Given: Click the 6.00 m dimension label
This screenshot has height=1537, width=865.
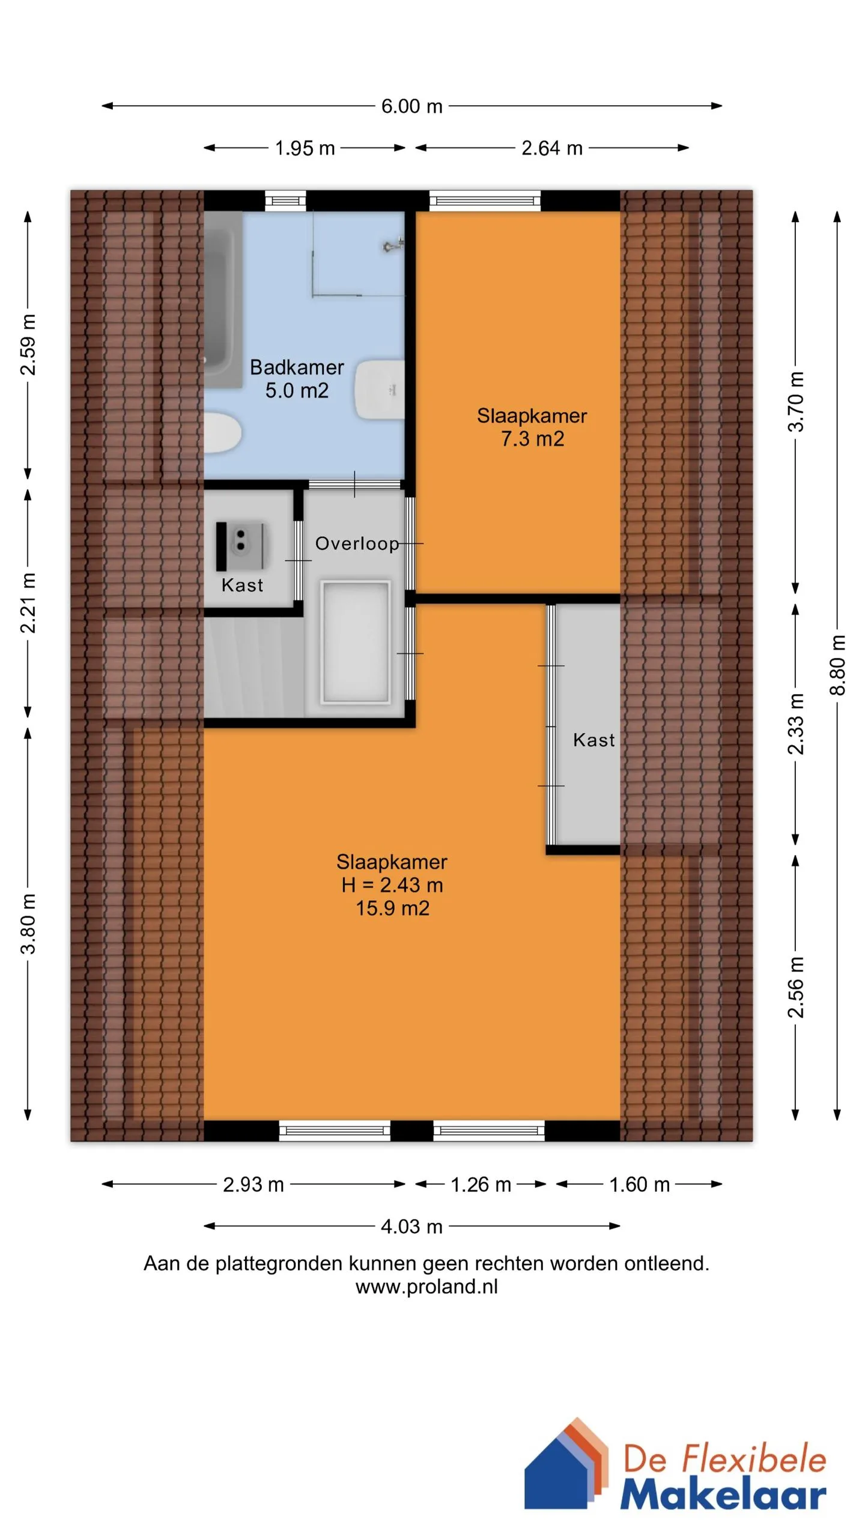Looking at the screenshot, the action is click(x=411, y=106).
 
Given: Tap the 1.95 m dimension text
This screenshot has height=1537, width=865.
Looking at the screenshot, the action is click(x=305, y=148).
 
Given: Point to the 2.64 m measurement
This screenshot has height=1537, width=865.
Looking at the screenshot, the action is click(x=551, y=148).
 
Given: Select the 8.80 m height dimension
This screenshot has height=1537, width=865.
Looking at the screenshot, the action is click(x=837, y=665).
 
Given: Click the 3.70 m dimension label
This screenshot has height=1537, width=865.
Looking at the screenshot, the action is click(x=796, y=402).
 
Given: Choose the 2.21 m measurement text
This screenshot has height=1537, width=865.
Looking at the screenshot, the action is click(x=28, y=603).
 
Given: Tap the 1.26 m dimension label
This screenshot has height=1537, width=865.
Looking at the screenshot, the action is click(x=481, y=1185).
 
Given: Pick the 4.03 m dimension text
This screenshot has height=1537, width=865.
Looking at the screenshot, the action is click(x=411, y=1226).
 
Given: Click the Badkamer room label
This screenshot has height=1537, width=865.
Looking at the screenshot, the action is click(x=297, y=367).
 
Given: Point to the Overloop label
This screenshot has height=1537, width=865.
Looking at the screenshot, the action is click(x=357, y=543).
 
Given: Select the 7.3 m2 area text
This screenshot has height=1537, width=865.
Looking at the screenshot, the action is click(x=532, y=439).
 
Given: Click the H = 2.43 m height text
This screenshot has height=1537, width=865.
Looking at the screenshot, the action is click(x=392, y=885).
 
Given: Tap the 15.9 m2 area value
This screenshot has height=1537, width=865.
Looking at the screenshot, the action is click(x=392, y=908).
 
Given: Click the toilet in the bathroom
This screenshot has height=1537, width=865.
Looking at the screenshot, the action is click(x=222, y=433).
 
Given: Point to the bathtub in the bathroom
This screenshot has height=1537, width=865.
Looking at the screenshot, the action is click(x=223, y=300).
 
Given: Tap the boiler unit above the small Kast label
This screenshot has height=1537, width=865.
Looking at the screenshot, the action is click(x=241, y=546).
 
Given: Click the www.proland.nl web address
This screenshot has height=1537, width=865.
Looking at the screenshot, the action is click(x=426, y=1287).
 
